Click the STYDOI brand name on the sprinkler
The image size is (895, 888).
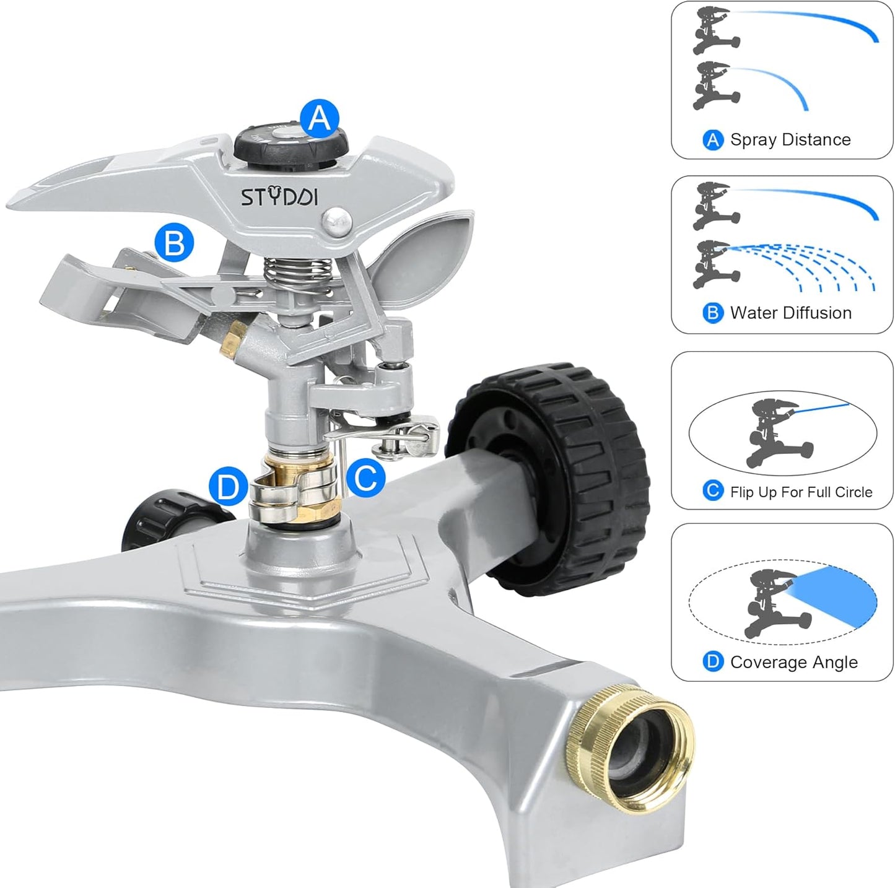pyautogui.click(x=279, y=197)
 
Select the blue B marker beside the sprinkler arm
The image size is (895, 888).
pyautogui.click(x=174, y=243)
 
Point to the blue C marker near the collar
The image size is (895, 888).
pyautogui.click(x=365, y=477)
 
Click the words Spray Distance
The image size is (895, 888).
pyautogui.click(x=790, y=140)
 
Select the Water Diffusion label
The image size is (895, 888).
pyautogui.click(x=791, y=313)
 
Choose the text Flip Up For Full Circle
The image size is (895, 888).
pyautogui.click(x=801, y=492)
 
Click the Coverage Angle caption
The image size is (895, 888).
pyautogui.click(x=793, y=663)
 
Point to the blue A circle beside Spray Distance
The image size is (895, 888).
pyautogui.click(x=714, y=140)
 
